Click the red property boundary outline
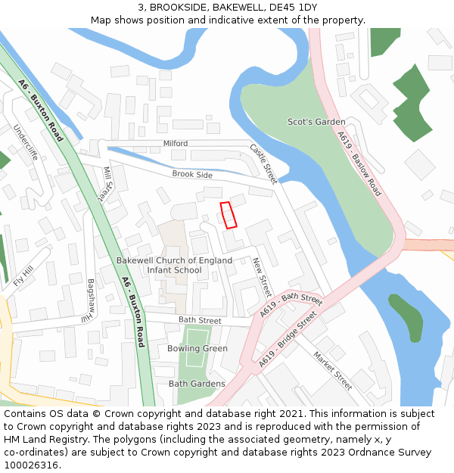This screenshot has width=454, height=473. tap(228, 214)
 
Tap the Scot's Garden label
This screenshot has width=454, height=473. tap(316, 122)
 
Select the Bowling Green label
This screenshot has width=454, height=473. tap(197, 348)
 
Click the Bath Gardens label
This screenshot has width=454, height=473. tap(197, 384)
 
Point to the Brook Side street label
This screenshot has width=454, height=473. tap(192, 174)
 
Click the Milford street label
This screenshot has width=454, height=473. tap(176, 143)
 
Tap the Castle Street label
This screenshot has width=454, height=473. tap(263, 164)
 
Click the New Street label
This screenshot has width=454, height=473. tap(261, 277)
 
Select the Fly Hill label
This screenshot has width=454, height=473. tap(23, 277)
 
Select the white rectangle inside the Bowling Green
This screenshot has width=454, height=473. tap(197, 337)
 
